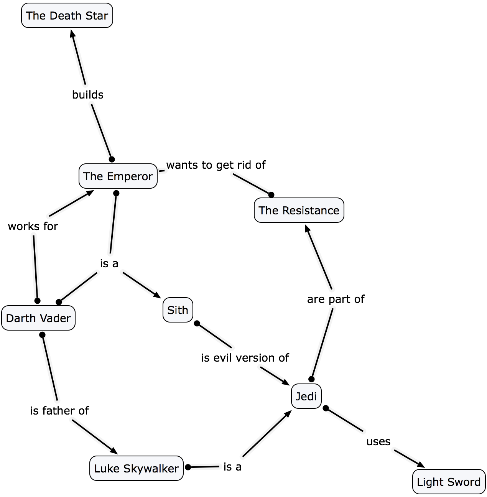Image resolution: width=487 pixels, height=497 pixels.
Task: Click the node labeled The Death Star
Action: point(67,16)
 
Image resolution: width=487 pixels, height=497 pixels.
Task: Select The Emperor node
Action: point(118,176)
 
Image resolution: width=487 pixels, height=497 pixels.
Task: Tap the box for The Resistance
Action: point(299,211)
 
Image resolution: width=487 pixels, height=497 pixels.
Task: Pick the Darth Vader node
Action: point(38,318)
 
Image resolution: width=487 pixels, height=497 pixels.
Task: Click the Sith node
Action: point(178,310)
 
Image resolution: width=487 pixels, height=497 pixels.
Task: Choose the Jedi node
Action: point(306,396)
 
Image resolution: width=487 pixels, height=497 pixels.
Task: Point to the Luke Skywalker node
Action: point(137,469)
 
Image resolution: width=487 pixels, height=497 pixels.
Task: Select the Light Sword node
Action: point(449,482)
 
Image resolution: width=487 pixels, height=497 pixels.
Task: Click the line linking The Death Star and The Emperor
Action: point(79,61)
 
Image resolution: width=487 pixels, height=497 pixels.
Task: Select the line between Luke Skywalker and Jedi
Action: point(265,436)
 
